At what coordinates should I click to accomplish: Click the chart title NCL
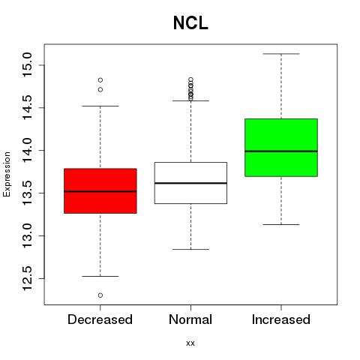coord(190,23)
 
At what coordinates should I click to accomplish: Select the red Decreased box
coord(100,190)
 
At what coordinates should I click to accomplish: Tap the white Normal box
coord(190,183)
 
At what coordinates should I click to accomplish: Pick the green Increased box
coord(281,148)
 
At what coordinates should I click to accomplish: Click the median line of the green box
coord(281,151)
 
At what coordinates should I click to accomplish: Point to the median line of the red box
coord(100,191)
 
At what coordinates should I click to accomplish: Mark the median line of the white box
coord(190,183)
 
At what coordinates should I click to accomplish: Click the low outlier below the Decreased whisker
coord(100,295)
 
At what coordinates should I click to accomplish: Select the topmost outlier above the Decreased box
coord(100,80)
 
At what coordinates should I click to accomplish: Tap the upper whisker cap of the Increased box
coord(281,54)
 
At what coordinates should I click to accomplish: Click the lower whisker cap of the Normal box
coord(190,249)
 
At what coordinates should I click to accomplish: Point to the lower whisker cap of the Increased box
coord(281,224)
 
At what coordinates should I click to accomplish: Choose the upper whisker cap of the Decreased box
coord(100,106)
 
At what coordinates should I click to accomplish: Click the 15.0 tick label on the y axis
coord(27,65)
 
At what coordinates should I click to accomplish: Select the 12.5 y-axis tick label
coord(27,278)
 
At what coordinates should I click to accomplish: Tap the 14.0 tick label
coord(27,150)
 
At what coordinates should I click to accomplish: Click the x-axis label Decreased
coord(100,319)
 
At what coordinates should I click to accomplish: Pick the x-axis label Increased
coord(281,319)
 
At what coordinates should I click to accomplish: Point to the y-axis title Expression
coord(7,174)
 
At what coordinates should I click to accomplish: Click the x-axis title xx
coord(190,343)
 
